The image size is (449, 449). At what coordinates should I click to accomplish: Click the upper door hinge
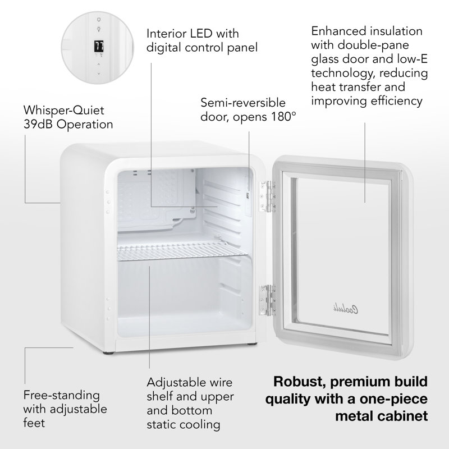[x=268, y=196]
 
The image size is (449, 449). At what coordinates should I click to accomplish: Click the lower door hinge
[x=268, y=300]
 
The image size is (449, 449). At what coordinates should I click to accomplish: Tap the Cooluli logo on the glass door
[x=346, y=309]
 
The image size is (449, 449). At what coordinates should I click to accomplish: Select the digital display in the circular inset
[x=99, y=46]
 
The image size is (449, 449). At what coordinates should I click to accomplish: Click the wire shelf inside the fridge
[x=181, y=251]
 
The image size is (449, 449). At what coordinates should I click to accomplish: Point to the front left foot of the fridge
[x=109, y=353]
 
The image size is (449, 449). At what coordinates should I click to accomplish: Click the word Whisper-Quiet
[x=63, y=110]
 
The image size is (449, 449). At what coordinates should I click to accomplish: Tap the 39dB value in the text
[x=38, y=124]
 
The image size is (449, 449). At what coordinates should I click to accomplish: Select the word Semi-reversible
[x=243, y=103]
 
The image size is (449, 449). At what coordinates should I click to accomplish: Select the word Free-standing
[x=62, y=395]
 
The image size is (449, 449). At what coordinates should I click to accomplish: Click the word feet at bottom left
[x=34, y=423]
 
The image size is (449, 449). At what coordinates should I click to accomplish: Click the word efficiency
[x=393, y=101]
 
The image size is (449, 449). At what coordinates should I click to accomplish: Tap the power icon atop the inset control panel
[x=99, y=20]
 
